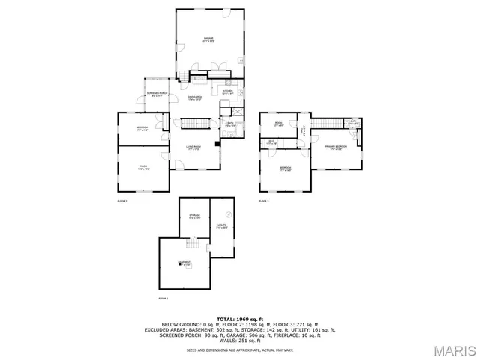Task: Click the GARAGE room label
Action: tap(208, 39)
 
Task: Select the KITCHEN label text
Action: tap(227, 92)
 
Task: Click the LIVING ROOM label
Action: tap(193, 148)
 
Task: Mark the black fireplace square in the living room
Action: tap(216, 142)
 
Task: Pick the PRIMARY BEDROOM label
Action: tap(334, 148)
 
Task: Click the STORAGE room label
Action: tap(194, 217)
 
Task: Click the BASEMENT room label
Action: tap(184, 263)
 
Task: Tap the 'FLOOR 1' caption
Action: tap(163, 298)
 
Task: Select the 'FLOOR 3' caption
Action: tap(264, 202)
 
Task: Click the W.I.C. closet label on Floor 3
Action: tap(271, 142)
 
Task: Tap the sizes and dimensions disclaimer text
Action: tap(240, 349)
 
